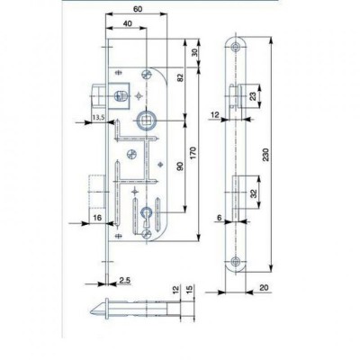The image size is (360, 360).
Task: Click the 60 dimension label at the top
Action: [138, 9]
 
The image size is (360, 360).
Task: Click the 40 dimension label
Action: [128, 23]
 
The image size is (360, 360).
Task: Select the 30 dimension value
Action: [194, 53]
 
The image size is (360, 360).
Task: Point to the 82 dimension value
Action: [181, 77]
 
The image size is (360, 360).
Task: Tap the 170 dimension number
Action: [193, 153]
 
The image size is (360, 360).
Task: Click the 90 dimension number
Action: [180, 166]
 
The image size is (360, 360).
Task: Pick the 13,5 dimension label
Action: [98, 117]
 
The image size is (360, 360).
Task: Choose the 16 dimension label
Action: [97, 218]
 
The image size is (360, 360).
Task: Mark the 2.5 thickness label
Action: [125, 280]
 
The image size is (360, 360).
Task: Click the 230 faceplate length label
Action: [265, 155]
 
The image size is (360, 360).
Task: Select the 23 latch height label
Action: [254, 96]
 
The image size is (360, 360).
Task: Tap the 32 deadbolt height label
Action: [255, 193]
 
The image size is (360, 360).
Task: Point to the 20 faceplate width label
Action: [264, 288]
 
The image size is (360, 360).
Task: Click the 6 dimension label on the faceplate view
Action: [220, 218]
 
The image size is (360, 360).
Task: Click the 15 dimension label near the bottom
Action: [189, 290]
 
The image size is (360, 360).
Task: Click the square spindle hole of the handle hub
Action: [146, 120]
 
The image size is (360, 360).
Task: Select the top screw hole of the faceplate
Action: [235, 47]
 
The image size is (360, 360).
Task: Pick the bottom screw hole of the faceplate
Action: [236, 260]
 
